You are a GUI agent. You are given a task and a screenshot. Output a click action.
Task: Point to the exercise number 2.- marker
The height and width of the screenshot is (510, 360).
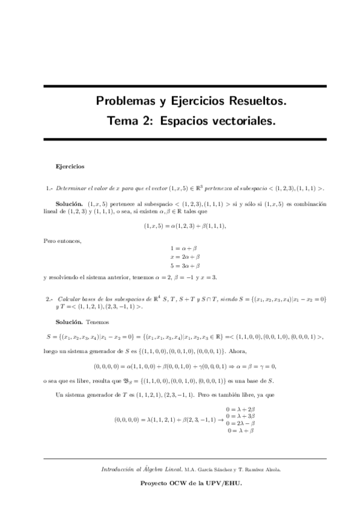(50, 298)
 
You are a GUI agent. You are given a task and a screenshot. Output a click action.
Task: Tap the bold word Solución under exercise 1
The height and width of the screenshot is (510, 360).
(69, 204)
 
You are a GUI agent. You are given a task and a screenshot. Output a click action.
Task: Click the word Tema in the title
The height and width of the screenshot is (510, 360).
(123, 121)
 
